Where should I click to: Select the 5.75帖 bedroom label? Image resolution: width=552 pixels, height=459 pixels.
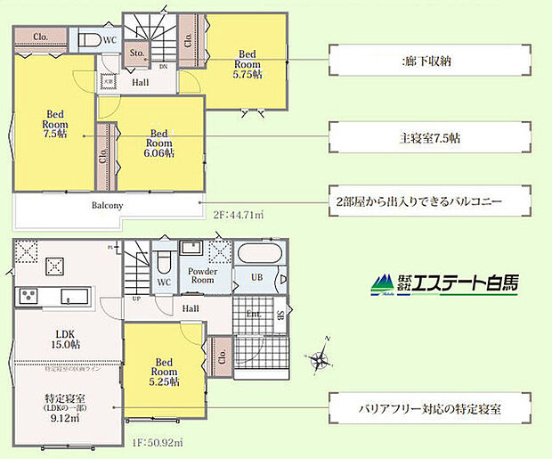pyautogui.click(x=248, y=63)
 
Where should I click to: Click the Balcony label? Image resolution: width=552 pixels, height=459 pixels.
pyautogui.click(x=106, y=205)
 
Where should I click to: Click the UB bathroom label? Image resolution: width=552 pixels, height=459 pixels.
pyautogui.click(x=256, y=279)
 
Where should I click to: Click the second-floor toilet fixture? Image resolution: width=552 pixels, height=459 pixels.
pyautogui.click(x=89, y=40)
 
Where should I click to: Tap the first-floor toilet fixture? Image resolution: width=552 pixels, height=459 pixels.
pyautogui.click(x=163, y=261)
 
